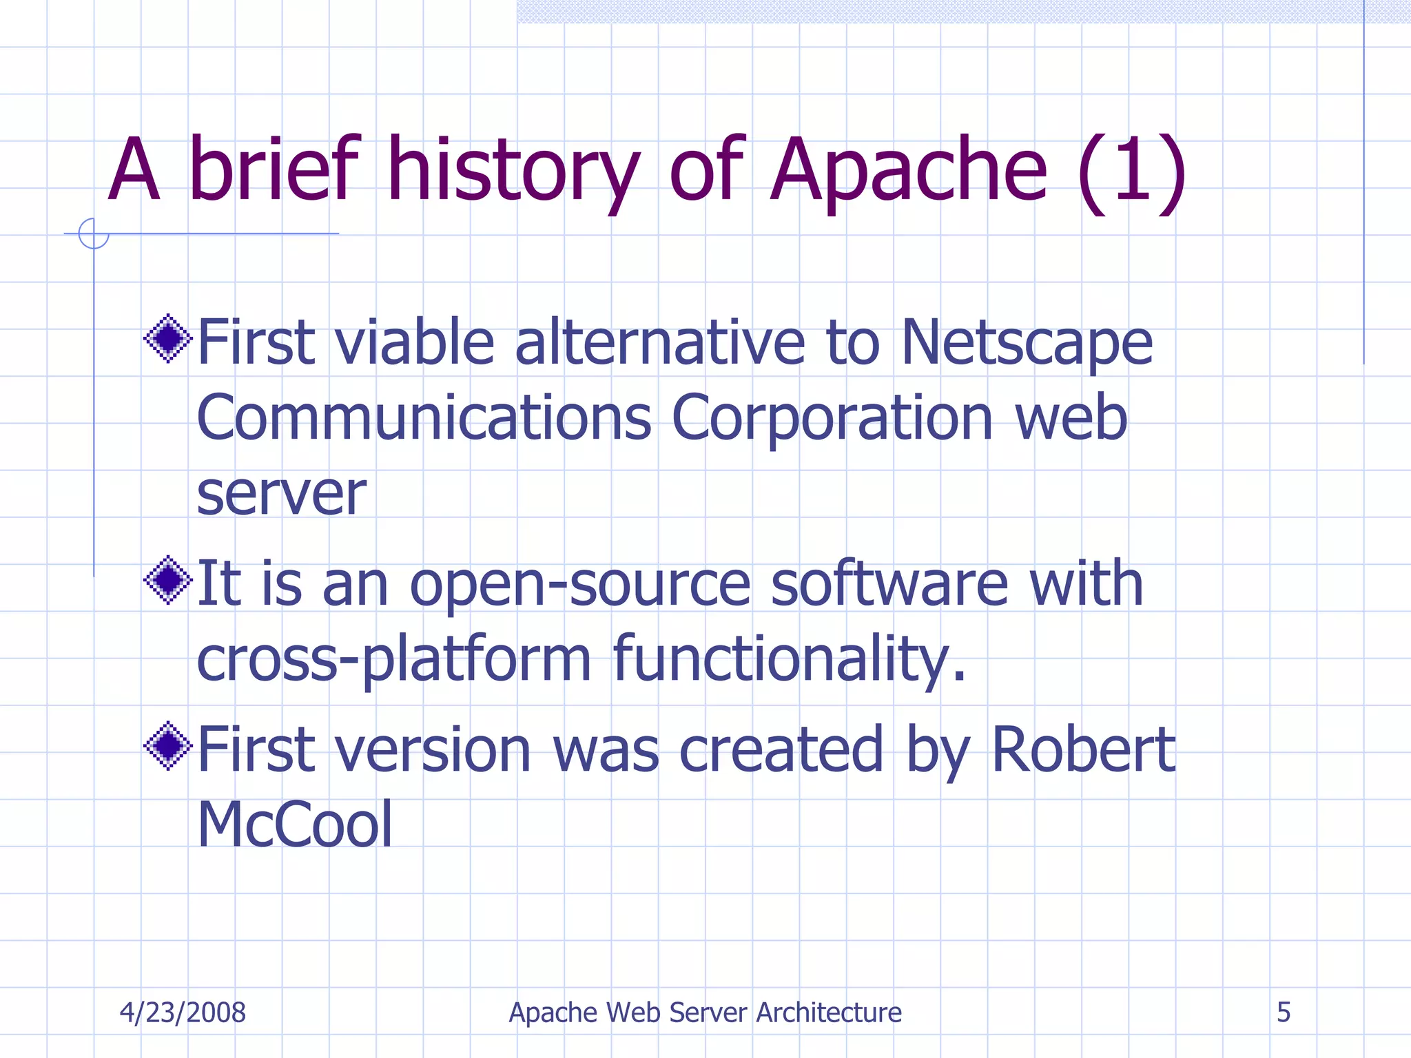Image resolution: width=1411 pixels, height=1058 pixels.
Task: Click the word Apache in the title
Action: click(x=908, y=171)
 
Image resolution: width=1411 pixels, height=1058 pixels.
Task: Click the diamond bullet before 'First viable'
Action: click(x=167, y=338)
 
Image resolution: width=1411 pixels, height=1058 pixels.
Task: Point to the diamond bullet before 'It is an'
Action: click(x=167, y=580)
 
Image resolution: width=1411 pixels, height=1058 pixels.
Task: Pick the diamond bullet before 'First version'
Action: click(x=167, y=746)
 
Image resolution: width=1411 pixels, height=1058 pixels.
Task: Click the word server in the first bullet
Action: click(x=281, y=495)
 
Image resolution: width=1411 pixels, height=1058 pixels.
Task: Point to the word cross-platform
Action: click(x=393, y=660)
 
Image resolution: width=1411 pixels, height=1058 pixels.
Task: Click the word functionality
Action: click(x=789, y=660)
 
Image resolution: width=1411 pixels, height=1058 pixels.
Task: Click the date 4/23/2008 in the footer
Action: click(x=183, y=1013)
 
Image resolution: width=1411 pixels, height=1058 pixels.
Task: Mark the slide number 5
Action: click(x=1284, y=1013)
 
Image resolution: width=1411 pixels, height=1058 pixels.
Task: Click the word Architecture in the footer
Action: click(x=829, y=1013)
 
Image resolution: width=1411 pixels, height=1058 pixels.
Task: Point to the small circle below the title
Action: click(x=94, y=234)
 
